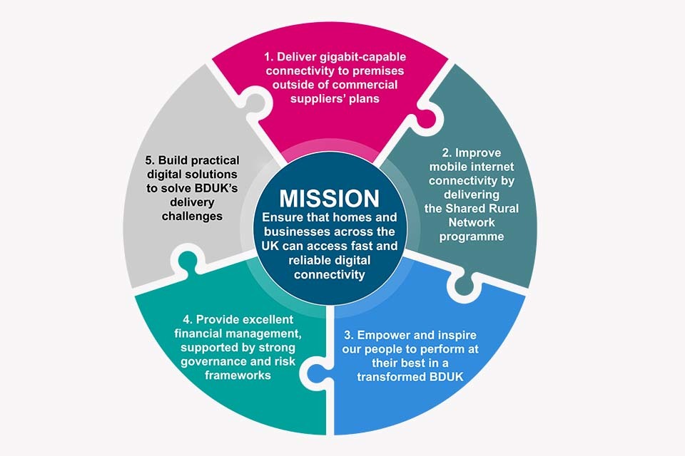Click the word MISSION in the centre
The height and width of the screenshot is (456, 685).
tap(329, 197)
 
